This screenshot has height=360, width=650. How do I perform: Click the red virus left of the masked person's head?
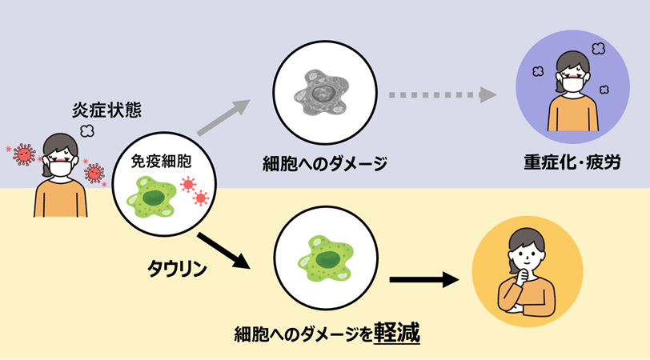23,152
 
